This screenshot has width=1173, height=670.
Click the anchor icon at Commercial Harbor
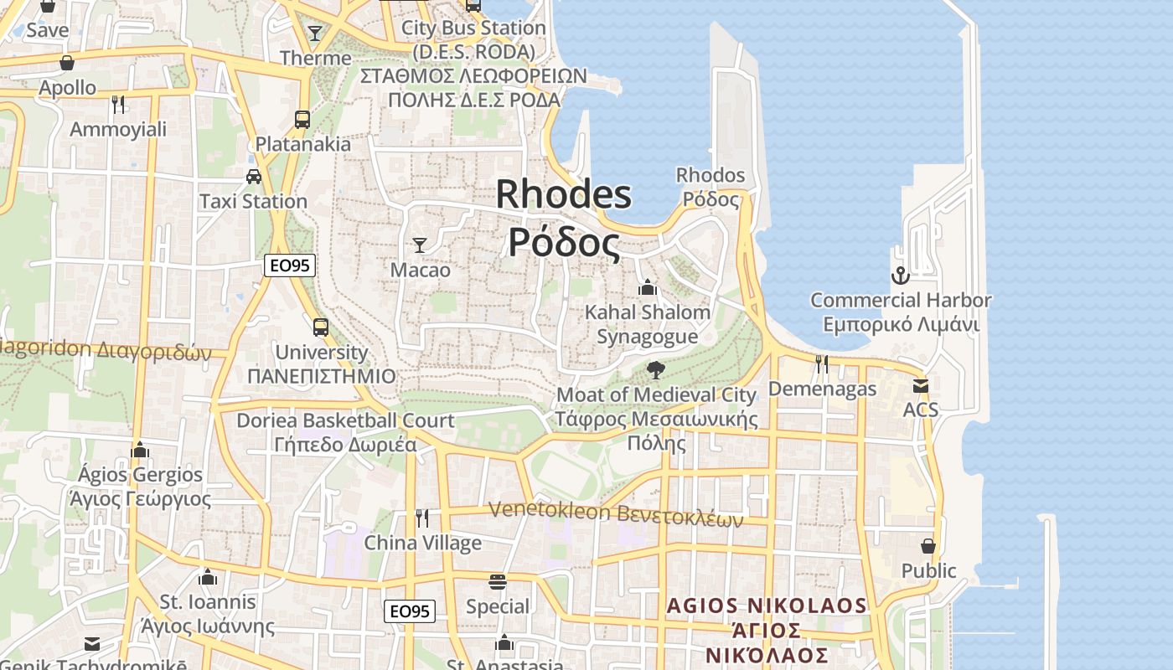[900, 275]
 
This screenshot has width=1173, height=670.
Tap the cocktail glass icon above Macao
[420, 245]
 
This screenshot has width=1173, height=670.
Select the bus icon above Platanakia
[302, 119]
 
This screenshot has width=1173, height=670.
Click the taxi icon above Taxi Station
[253, 177]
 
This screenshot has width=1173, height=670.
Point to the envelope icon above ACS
[921, 385]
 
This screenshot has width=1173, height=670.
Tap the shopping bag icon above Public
[928, 545]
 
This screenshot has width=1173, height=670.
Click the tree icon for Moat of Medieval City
[656, 369]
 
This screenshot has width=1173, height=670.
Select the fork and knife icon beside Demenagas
[822, 363]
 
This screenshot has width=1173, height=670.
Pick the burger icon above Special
[498, 581]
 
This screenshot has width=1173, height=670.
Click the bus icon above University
[321, 327]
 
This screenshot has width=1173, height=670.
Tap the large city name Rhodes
[564, 194]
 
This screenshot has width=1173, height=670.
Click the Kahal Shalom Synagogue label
[647, 324]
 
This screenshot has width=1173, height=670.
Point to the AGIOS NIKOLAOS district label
[767, 606]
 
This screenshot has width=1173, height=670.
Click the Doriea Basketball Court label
[345, 420]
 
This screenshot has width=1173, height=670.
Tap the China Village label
[422, 543]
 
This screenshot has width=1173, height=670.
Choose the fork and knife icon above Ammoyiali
[118, 104]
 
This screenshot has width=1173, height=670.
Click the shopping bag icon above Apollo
[67, 63]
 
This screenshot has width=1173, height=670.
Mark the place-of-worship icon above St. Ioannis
[208, 577]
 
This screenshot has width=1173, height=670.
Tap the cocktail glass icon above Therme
[315, 33]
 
